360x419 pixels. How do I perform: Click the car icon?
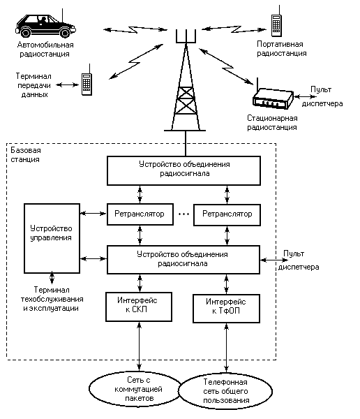click(45, 26)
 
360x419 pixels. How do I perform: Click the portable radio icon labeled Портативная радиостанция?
click(276, 23)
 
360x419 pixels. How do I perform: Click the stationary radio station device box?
click(273, 98)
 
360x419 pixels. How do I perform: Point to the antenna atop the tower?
click(186, 36)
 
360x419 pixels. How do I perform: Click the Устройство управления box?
click(52, 238)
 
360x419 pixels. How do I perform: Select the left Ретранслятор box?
click(140, 214)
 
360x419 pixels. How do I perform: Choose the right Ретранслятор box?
click(227, 215)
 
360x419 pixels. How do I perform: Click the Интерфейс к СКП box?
click(139, 307)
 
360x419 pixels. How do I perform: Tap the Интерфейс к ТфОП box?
click(226, 309)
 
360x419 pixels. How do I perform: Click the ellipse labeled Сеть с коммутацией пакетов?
click(137, 389)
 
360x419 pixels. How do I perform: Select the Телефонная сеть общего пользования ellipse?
click(225, 391)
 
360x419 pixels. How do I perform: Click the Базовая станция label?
click(26, 155)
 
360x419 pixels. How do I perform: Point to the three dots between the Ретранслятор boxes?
click(183, 214)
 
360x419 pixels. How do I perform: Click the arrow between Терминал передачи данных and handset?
click(67, 85)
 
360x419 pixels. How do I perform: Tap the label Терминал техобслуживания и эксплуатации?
click(52, 299)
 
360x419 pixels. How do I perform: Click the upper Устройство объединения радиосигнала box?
click(183, 171)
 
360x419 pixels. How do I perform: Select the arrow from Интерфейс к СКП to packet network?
click(139, 346)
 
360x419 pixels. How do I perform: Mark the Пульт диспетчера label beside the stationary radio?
click(322, 96)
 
